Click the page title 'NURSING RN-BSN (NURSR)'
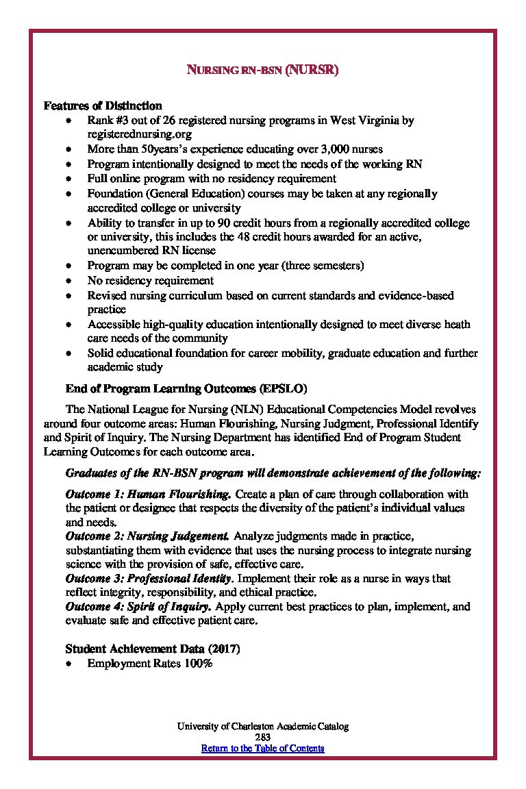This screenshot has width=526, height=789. pyautogui.click(x=263, y=70)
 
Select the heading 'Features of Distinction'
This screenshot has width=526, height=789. pyautogui.click(x=103, y=105)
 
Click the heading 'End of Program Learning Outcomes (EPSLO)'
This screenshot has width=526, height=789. pyautogui.click(x=181, y=388)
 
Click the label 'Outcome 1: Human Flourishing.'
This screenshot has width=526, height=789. pyautogui.click(x=148, y=494)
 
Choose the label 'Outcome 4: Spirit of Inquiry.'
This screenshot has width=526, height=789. pyautogui.click(x=138, y=607)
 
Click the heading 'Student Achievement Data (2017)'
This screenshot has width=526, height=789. pyautogui.click(x=153, y=648)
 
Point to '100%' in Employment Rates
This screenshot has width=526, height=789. pyautogui.click(x=199, y=663)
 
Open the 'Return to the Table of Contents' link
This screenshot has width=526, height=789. pyautogui.click(x=262, y=748)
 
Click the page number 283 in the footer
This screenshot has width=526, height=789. pyautogui.click(x=262, y=737)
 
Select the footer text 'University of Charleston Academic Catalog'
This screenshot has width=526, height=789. pyautogui.click(x=262, y=726)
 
